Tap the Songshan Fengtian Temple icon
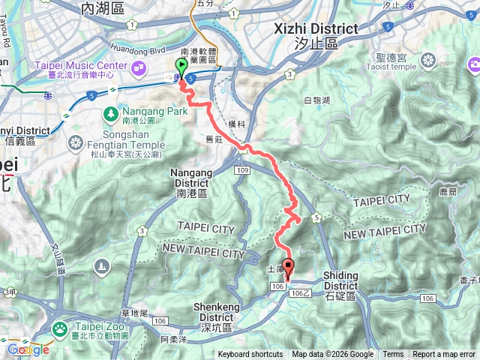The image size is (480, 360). click(77, 141)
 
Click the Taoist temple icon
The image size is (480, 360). click(428, 59)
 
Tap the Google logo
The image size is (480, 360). click(28, 349)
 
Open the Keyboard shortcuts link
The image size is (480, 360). click(250, 355)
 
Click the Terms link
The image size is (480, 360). click(393, 355)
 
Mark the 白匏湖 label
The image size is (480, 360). click(317, 100)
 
